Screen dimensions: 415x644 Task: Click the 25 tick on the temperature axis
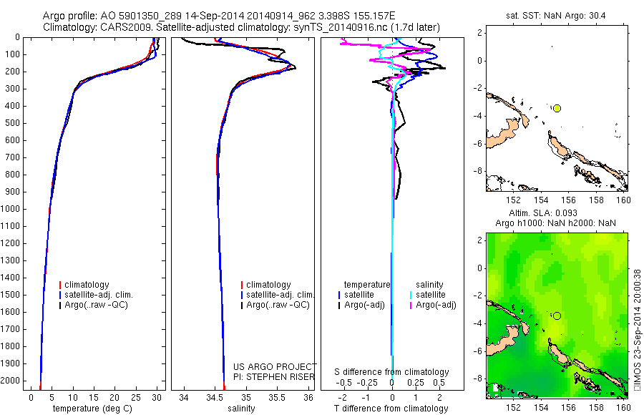tap(136, 396)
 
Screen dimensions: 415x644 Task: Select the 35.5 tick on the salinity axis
tap(277, 396)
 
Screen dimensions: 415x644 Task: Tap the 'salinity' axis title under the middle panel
tap(240, 409)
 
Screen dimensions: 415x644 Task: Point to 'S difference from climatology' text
tap(391, 372)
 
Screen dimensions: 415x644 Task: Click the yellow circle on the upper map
tap(557, 108)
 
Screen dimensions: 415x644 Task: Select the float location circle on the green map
tap(557, 316)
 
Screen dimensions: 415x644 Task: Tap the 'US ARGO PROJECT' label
tap(274, 366)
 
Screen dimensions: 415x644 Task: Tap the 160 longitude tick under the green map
tap(623, 407)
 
